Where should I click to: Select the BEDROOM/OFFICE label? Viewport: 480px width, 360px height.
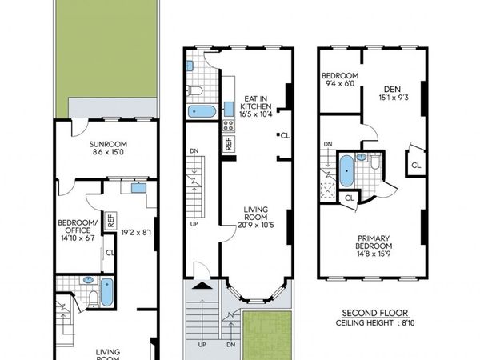[78, 226]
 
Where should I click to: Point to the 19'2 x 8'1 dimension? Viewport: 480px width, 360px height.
[136, 233]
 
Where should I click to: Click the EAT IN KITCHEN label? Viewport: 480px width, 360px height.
[256, 102]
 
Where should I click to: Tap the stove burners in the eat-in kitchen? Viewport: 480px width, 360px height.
[228, 126]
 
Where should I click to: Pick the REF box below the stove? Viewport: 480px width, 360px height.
[229, 143]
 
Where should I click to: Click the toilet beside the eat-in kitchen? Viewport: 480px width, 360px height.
[194, 90]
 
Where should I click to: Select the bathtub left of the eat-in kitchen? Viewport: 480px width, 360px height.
[201, 111]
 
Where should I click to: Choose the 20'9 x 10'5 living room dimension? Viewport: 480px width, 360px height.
[256, 226]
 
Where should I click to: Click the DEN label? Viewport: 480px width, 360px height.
[392, 90]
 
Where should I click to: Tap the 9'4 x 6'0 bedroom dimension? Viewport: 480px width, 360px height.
[338, 83]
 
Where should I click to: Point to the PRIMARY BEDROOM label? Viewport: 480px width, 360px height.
[374, 242]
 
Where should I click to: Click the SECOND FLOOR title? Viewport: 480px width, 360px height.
[375, 313]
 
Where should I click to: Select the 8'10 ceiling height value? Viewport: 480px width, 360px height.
[408, 322]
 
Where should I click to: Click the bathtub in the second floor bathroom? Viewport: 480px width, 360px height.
[346, 171]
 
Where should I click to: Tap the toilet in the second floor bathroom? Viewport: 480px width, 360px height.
[374, 162]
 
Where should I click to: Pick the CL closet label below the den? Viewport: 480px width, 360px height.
[416, 166]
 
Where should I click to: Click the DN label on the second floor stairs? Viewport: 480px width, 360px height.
[328, 144]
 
